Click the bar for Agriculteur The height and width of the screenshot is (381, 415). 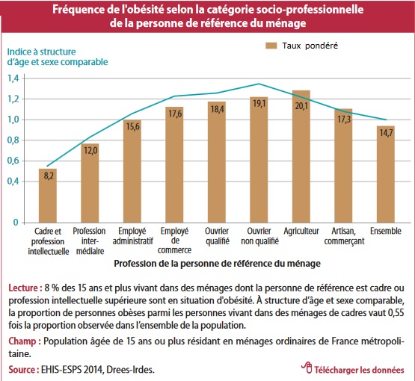coord(301,157)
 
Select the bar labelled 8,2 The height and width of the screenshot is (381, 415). coord(48,196)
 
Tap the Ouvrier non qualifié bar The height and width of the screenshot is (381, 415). coord(259,160)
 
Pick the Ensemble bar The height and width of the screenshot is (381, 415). coord(386,174)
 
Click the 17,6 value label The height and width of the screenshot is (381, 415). coord(175,114)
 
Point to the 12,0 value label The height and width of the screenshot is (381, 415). coord(90,150)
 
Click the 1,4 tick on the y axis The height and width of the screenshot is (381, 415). coord(13,78)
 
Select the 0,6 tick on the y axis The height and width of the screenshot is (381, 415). coord(13,161)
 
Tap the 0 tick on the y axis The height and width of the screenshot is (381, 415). coord(16,223)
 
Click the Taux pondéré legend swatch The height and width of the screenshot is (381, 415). coord(271,46)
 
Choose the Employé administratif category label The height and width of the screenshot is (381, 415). coord(133,236)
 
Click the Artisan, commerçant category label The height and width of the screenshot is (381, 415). coord(344,236)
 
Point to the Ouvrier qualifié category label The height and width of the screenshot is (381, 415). coord(218,236)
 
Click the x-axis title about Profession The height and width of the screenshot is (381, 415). coord(218,264)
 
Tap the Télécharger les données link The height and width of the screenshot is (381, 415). coord(353,368)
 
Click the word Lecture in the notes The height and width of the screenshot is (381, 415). coord(23,288)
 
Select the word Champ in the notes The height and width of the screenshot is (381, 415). coord(22,341)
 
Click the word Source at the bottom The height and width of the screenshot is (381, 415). coord(20,369)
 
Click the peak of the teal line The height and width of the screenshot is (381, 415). coord(259,84)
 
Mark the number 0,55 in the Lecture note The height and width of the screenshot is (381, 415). coord(396,312)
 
